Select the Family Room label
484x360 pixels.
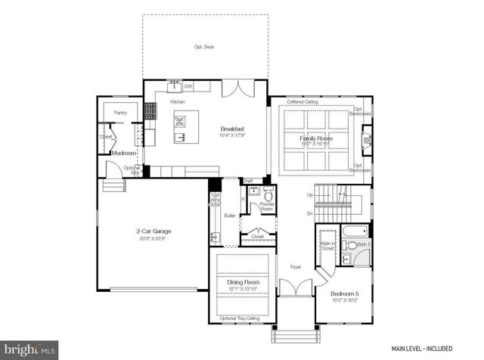(x=317, y=139)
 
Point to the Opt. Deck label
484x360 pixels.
(x=204, y=47)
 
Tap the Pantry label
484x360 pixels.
(x=120, y=113)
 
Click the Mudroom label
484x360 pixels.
(x=123, y=153)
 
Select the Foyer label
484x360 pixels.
(x=296, y=267)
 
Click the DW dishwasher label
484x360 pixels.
(x=188, y=86)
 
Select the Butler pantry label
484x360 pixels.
(x=231, y=216)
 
